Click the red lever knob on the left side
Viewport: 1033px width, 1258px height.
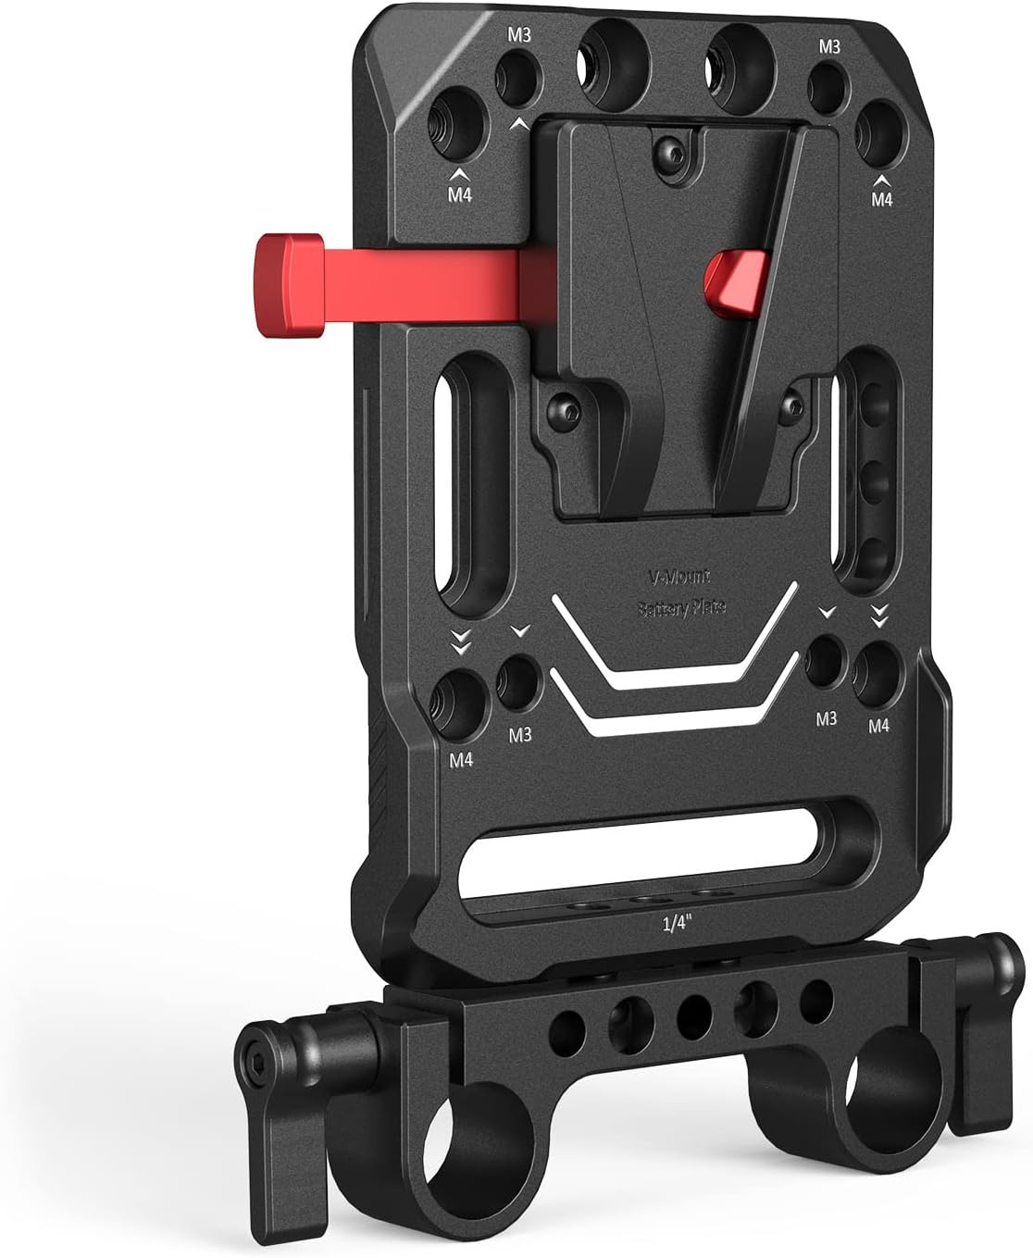pos(287,274)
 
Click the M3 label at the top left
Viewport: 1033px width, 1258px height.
pos(517,35)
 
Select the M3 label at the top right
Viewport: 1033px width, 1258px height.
pos(828,46)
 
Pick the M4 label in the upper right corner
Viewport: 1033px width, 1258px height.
pos(881,198)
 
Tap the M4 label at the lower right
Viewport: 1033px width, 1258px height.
pos(878,726)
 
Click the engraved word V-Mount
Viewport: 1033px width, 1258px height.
pos(678,575)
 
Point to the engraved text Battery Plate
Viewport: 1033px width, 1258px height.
pos(681,608)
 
